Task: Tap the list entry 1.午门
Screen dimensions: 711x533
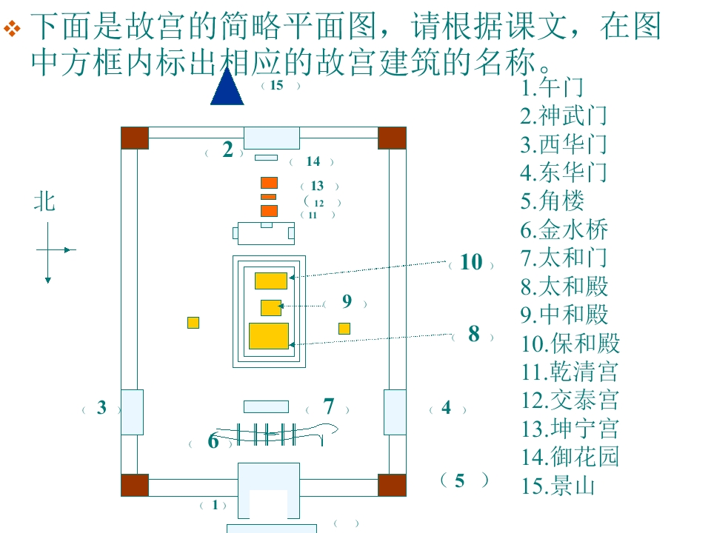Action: (552, 87)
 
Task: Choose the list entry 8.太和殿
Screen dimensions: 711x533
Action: (564, 286)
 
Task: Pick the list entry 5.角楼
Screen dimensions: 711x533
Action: (553, 201)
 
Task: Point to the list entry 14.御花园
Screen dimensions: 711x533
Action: (570, 457)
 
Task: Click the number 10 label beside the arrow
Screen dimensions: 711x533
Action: (471, 262)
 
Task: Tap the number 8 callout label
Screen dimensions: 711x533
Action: (474, 334)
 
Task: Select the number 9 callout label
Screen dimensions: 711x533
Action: (347, 301)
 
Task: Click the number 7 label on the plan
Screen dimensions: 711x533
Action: (329, 406)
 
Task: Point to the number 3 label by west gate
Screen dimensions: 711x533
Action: (101, 407)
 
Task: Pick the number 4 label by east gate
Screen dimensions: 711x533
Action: (446, 407)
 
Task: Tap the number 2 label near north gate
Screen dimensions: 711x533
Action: (227, 149)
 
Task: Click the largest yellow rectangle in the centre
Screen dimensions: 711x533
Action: (269, 336)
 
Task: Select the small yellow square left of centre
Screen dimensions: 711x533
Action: (193, 323)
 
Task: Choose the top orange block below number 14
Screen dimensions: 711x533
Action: (269, 183)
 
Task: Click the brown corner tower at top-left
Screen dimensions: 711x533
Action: (135, 138)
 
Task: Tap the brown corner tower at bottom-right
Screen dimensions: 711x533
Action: (392, 485)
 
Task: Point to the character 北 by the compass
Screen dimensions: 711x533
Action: (44, 201)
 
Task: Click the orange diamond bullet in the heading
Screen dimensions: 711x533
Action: (12, 28)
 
